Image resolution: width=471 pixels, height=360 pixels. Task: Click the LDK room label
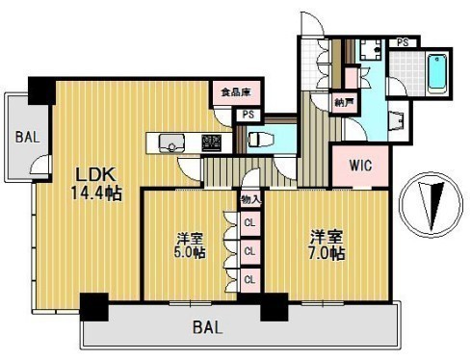tap(97, 174)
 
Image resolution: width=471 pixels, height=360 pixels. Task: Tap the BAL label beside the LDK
tap(26, 137)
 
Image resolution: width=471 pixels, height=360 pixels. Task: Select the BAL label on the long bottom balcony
tap(203, 327)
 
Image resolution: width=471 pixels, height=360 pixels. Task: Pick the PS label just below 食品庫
tap(249, 115)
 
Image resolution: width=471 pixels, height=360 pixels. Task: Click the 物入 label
tap(249, 199)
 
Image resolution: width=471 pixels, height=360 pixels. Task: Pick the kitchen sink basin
tap(172, 144)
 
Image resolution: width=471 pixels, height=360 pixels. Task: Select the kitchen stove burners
tap(211, 142)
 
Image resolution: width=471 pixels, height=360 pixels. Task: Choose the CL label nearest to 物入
tap(249, 223)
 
